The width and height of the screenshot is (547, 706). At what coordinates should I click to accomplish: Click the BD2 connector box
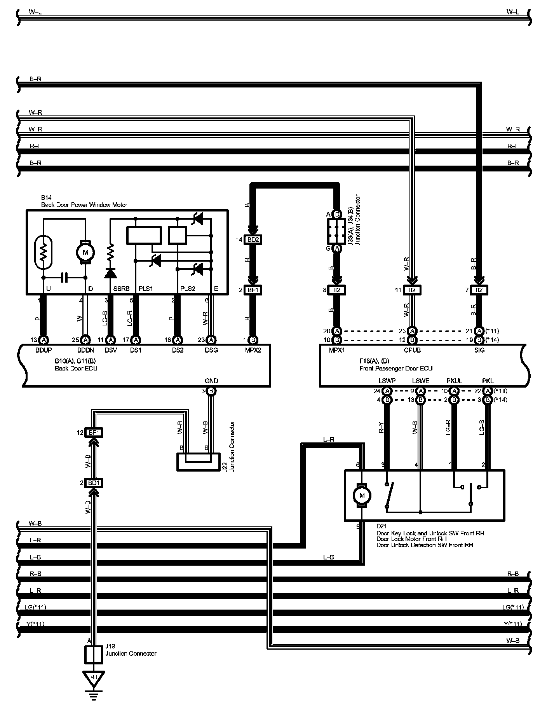pos(253,240)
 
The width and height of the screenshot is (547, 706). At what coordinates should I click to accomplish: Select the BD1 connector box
pos(94,483)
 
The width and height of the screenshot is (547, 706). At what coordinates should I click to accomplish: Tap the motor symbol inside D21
pos(362,495)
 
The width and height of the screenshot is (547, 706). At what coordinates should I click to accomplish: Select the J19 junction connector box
pos(94,655)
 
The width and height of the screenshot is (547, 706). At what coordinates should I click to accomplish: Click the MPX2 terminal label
pos(253,350)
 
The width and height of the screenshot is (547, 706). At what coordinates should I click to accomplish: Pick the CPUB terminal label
pos(413,350)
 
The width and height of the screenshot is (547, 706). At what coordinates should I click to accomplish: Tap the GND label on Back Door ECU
pos(211,381)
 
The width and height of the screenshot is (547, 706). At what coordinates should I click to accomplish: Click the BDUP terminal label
pos(44,350)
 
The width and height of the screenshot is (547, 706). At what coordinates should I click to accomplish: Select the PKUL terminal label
pos(454,381)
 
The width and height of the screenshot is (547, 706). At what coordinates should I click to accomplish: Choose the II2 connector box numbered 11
pos(413,290)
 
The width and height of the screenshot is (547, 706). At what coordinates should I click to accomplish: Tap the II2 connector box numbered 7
pos(479,290)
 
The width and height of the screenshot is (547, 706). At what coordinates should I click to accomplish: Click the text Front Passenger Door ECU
pos(395,368)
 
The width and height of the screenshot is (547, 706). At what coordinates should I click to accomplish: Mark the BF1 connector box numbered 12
pos(94,432)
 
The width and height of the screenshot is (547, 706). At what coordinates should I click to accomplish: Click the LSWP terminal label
pos(387,381)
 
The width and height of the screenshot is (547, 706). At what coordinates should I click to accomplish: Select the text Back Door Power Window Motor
pos(84,205)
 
